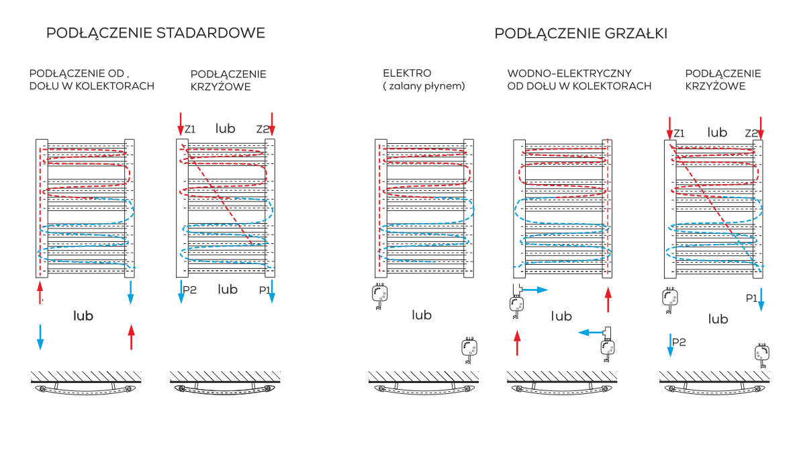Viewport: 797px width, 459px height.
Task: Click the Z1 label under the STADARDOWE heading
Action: click(190, 129)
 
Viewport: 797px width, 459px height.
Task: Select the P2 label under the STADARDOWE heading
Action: click(190, 290)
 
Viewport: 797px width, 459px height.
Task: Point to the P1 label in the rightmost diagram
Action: click(751, 297)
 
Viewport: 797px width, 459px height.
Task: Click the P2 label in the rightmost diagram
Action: click(679, 342)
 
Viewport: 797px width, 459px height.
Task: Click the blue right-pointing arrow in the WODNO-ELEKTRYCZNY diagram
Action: click(536, 290)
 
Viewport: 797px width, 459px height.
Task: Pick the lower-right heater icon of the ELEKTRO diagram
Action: click(469, 349)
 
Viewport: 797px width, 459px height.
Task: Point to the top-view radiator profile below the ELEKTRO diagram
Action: click(423, 388)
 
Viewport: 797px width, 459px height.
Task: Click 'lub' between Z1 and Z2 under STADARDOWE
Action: click(226, 128)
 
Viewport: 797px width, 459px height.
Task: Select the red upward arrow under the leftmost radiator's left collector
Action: click(40, 293)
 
